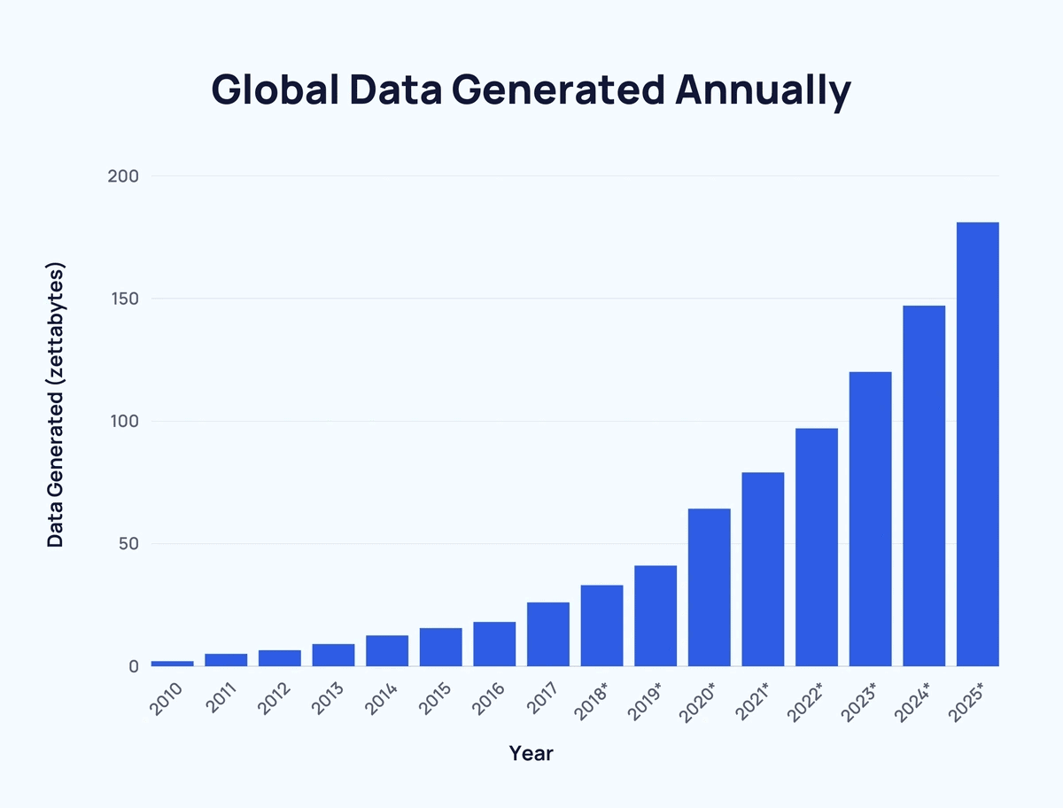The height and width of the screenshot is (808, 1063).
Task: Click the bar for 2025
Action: [x=977, y=444]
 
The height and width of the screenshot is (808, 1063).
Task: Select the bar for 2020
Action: [x=709, y=587]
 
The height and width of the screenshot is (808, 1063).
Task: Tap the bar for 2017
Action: [x=547, y=634]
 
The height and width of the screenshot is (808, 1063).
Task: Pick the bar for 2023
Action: [x=870, y=519]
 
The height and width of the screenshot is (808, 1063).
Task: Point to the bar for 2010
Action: [x=172, y=663]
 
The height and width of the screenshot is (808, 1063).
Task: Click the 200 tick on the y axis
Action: [x=123, y=176]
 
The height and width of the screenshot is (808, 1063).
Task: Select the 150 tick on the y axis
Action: [x=123, y=299]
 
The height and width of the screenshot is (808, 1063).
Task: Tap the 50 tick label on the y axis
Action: [x=128, y=543]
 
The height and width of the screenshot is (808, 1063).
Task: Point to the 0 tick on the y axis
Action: [x=133, y=666]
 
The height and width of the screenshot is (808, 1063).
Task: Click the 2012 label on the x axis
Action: [x=275, y=699]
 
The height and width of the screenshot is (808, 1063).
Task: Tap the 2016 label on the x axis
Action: [x=489, y=699]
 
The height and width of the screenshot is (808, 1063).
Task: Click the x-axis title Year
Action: [x=531, y=754]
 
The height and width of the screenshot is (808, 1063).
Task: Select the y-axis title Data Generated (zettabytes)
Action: [x=56, y=405]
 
